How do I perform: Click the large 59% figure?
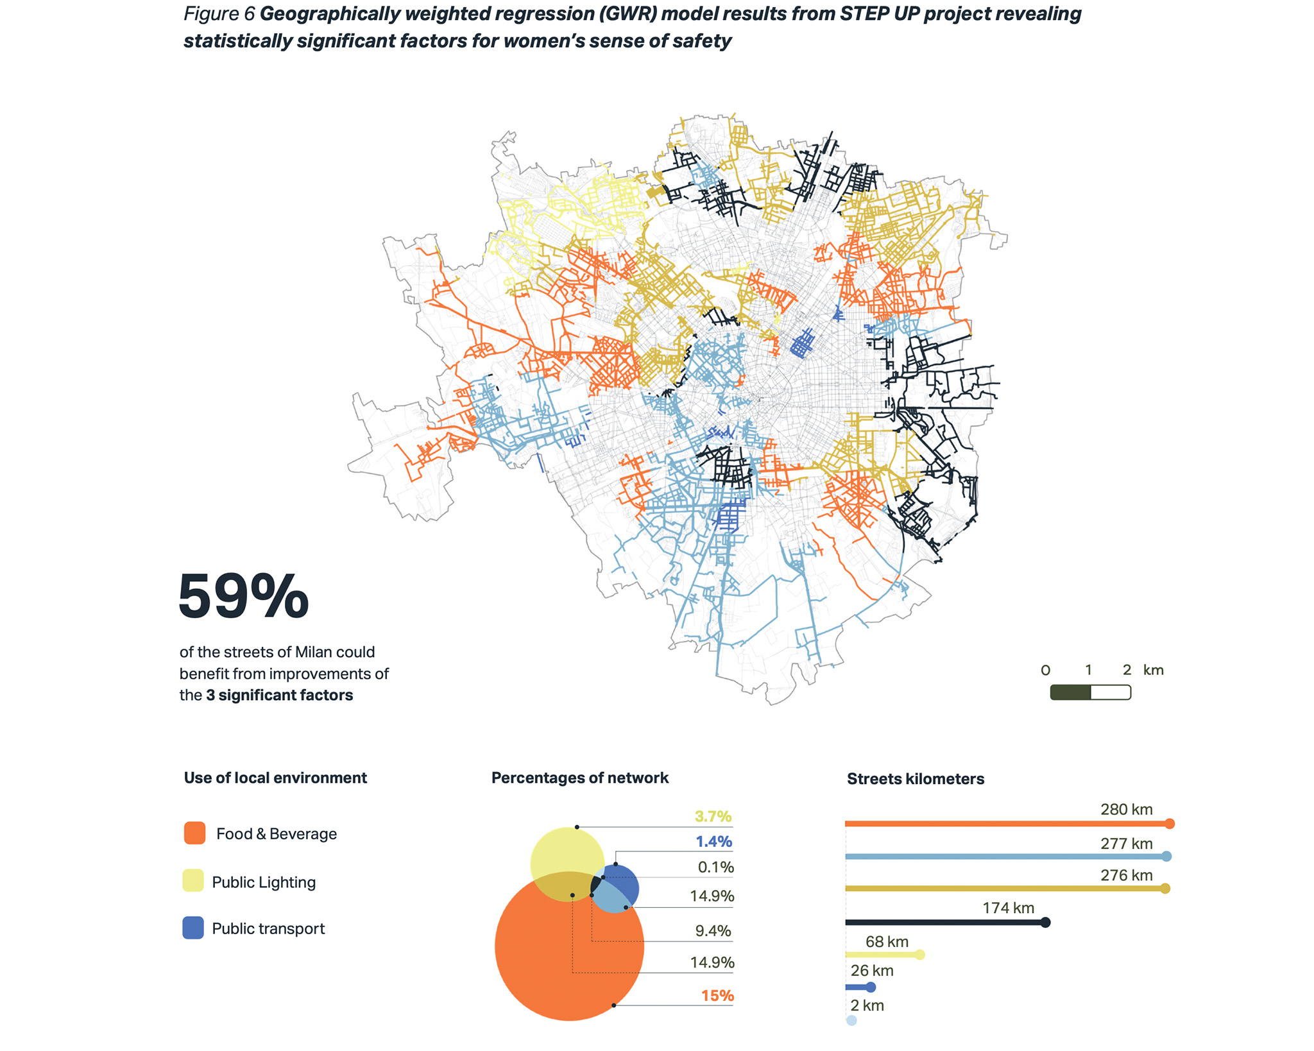(x=243, y=597)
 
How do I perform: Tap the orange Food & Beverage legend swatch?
(x=194, y=833)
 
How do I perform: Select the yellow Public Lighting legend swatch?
(x=193, y=881)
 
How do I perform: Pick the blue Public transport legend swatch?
(x=193, y=928)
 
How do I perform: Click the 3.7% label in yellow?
(x=713, y=816)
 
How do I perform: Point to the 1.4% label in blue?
(x=713, y=841)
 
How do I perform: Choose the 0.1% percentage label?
(x=715, y=867)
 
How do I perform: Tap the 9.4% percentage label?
(x=713, y=930)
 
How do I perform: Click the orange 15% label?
(x=717, y=995)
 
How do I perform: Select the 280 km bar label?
(x=1126, y=809)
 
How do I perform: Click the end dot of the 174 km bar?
(x=1045, y=922)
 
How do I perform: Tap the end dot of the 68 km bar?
(x=919, y=955)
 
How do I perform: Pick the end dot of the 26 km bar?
(x=871, y=987)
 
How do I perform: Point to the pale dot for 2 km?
(x=851, y=1020)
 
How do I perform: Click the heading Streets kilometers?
(x=915, y=778)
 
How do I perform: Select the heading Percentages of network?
(x=579, y=778)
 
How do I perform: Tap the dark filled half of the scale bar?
(x=1070, y=692)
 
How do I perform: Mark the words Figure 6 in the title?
(x=219, y=13)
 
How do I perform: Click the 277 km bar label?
(x=1126, y=843)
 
